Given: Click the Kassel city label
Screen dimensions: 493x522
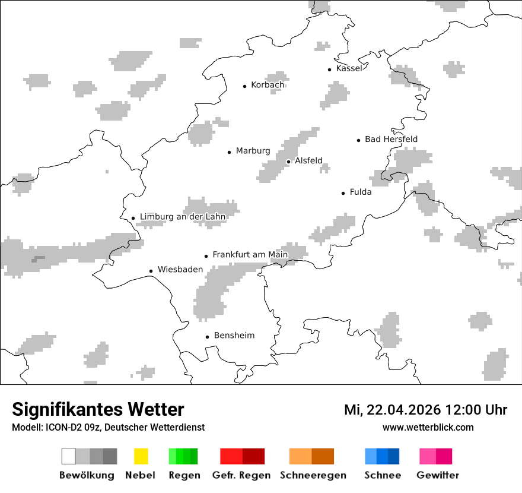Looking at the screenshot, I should click(349, 68).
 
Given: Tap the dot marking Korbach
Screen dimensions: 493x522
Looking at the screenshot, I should click(244, 86).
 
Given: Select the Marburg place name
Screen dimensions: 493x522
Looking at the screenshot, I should click(253, 151).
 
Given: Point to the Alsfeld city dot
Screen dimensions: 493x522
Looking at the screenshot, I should click(288, 162).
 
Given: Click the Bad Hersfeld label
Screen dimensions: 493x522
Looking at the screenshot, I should click(391, 139).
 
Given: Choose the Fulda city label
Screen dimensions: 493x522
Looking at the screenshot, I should click(361, 192).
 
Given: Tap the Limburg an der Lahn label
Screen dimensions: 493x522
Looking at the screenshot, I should click(183, 217).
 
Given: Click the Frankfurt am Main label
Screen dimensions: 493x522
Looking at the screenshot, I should click(250, 255).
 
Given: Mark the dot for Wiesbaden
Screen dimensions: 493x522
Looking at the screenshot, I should click(151, 271).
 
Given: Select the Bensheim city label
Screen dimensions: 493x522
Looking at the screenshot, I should click(234, 336).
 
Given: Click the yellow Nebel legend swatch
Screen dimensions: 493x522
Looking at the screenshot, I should click(141, 456).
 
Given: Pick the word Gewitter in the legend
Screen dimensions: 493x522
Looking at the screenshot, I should click(438, 475).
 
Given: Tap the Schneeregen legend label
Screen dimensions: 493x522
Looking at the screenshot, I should click(313, 475).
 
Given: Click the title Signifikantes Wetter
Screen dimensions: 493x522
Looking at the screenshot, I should click(98, 409).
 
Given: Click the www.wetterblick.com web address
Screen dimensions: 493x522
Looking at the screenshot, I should click(428, 427).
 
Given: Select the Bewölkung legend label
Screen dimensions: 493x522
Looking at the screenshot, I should click(87, 475).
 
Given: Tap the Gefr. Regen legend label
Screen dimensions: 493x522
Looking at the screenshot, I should click(241, 475).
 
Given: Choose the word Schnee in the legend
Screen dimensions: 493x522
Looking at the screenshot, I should click(382, 475).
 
